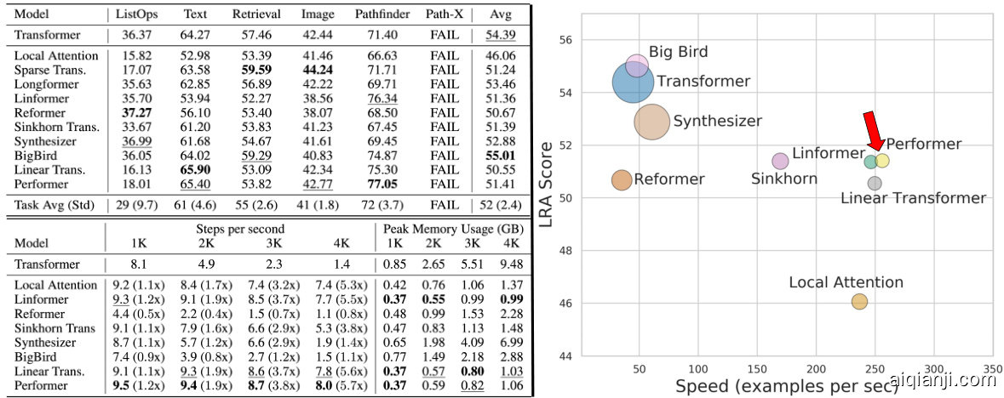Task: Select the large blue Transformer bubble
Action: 634,82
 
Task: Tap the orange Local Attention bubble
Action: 859,301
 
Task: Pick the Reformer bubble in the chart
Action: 622,179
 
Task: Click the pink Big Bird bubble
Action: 637,65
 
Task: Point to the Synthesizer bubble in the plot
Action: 653,122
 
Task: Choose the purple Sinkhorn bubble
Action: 780,161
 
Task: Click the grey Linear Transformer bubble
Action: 875,183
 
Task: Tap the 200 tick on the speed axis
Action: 817,368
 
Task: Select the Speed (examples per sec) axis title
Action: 787,387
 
